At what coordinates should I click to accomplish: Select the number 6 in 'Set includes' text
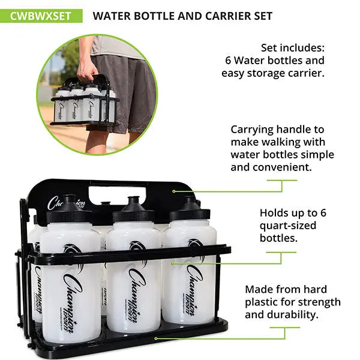click(229, 60)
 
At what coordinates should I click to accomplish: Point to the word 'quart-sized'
click(287, 225)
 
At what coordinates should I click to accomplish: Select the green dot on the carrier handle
click(173, 191)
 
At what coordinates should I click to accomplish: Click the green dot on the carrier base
click(156, 338)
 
